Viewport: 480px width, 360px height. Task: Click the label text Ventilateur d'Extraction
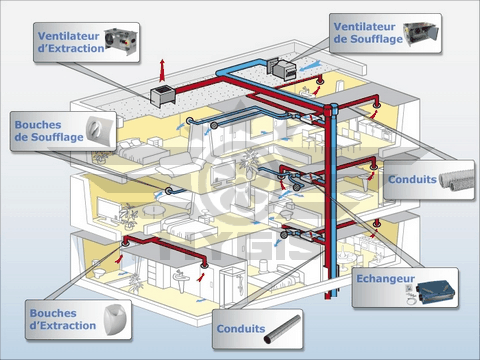[x=72, y=37]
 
